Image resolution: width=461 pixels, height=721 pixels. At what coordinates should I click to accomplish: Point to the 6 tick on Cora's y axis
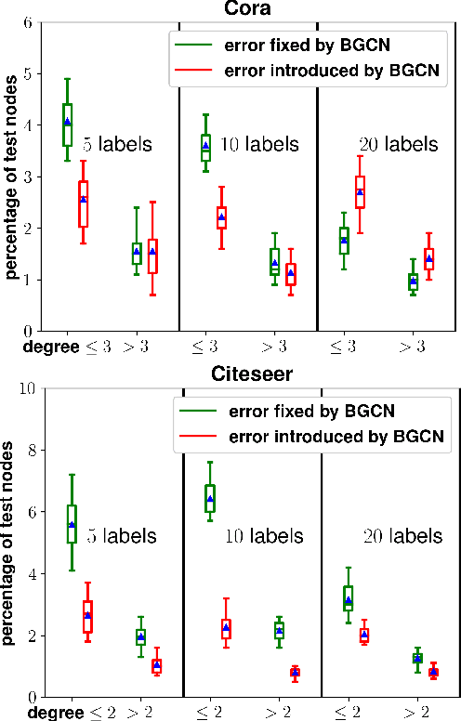coord(27,22)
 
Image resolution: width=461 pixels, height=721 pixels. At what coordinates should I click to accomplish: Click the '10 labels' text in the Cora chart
coord(260,144)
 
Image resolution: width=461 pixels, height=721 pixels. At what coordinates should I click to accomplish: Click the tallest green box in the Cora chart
coord(68,125)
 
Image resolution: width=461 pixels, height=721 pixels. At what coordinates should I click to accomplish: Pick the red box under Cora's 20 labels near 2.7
coord(360,192)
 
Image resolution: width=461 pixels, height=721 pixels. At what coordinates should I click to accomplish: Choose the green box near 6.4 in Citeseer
coord(210,498)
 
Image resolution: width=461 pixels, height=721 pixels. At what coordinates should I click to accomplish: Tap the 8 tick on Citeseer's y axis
coord(31,450)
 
